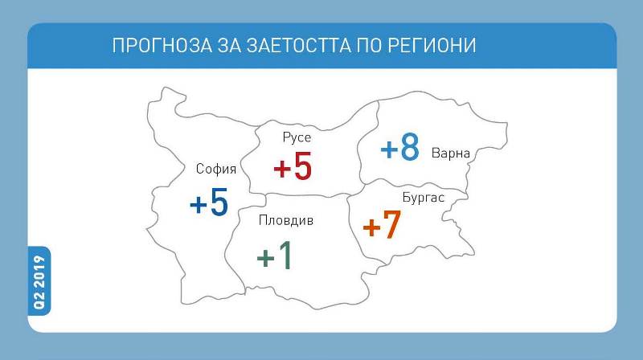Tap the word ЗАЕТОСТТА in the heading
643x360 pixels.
point(298,45)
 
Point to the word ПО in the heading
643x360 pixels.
point(370,45)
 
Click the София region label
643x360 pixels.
point(216,169)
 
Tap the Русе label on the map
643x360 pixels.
point(297,137)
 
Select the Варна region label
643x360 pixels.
point(451,153)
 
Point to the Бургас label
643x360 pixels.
point(424,197)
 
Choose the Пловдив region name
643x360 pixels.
point(286,220)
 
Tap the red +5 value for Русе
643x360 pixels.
point(293,166)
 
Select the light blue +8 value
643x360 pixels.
point(399,146)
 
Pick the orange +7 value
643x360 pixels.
point(382,224)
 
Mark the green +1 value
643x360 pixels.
point(274,255)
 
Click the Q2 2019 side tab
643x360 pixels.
point(39,281)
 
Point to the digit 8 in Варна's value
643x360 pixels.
point(410,146)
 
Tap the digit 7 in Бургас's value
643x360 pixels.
point(391,224)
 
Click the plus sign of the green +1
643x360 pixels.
point(265,258)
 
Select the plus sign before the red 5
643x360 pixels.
point(282,169)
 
